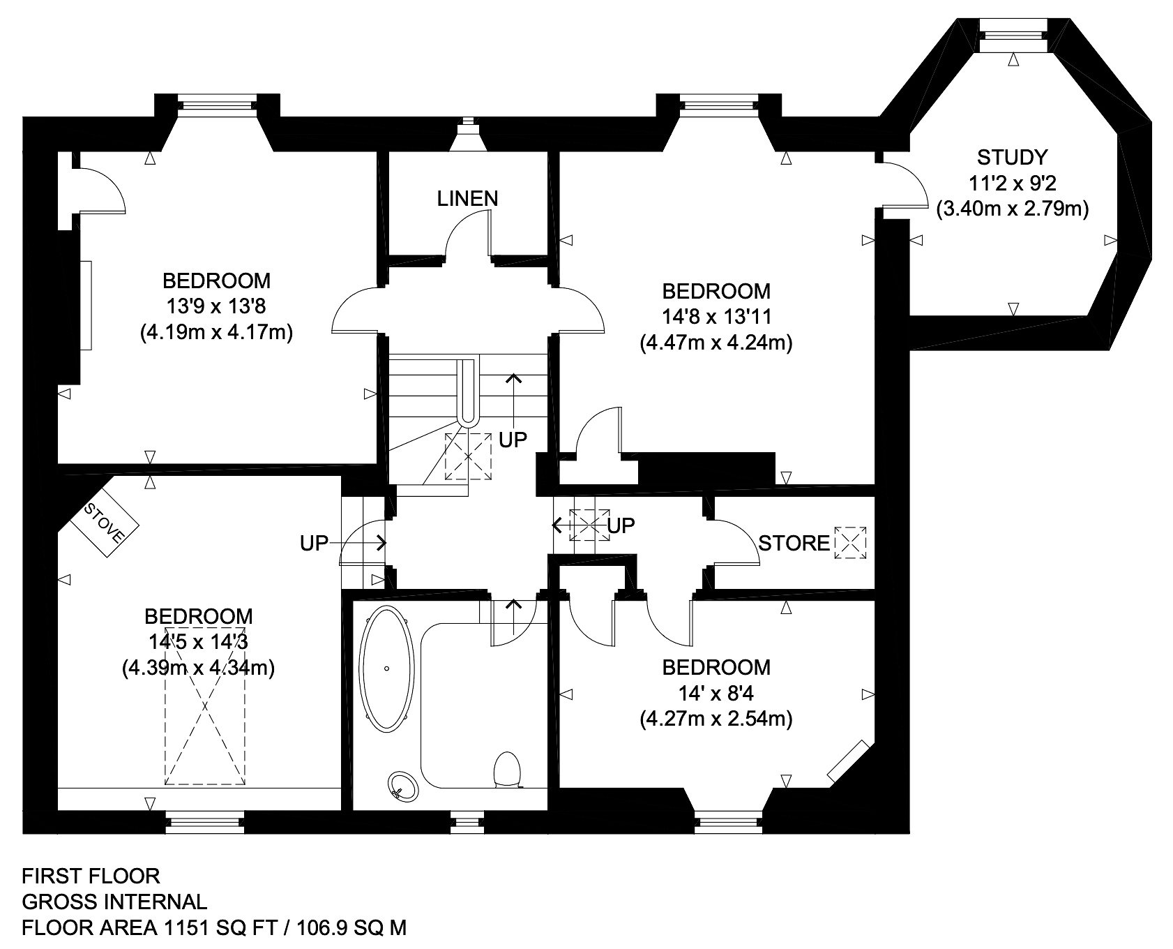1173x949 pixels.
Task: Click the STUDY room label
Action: [1012, 156]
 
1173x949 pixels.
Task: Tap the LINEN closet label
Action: [468, 199]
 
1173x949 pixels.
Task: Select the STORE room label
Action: [794, 544]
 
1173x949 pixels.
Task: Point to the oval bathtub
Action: [387, 668]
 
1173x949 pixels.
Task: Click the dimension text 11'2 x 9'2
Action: [1013, 183]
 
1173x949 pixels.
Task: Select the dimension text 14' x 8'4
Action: [717, 694]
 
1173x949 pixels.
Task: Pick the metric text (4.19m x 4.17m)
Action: [216, 333]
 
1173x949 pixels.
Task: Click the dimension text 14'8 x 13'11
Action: [717, 317]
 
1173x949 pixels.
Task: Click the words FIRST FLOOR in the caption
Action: [91, 876]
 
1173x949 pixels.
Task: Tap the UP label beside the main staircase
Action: [513, 440]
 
